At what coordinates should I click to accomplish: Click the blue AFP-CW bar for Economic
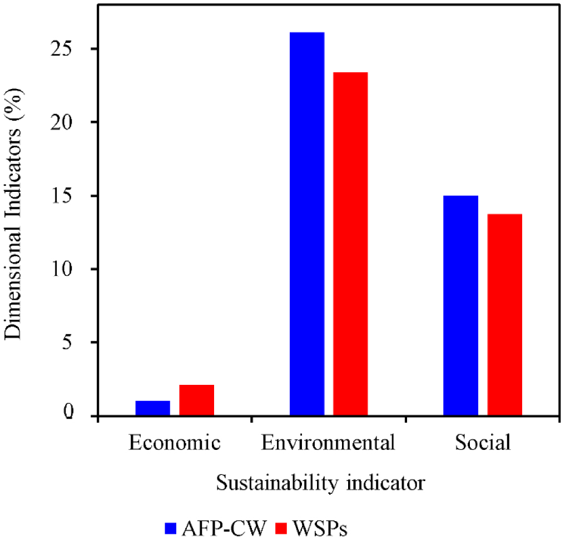pos(152,408)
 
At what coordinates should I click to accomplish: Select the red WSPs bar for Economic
pos(196,400)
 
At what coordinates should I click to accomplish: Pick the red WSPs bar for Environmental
pos(350,244)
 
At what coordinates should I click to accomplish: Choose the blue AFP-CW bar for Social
pos(460,305)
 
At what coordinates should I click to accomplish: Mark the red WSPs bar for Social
pos(504,314)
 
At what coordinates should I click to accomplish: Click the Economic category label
pos(175,443)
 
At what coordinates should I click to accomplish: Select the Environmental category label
pos(328,443)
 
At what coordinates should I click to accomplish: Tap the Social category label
pos(482,443)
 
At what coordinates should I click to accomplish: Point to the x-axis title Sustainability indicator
pos(320,482)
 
